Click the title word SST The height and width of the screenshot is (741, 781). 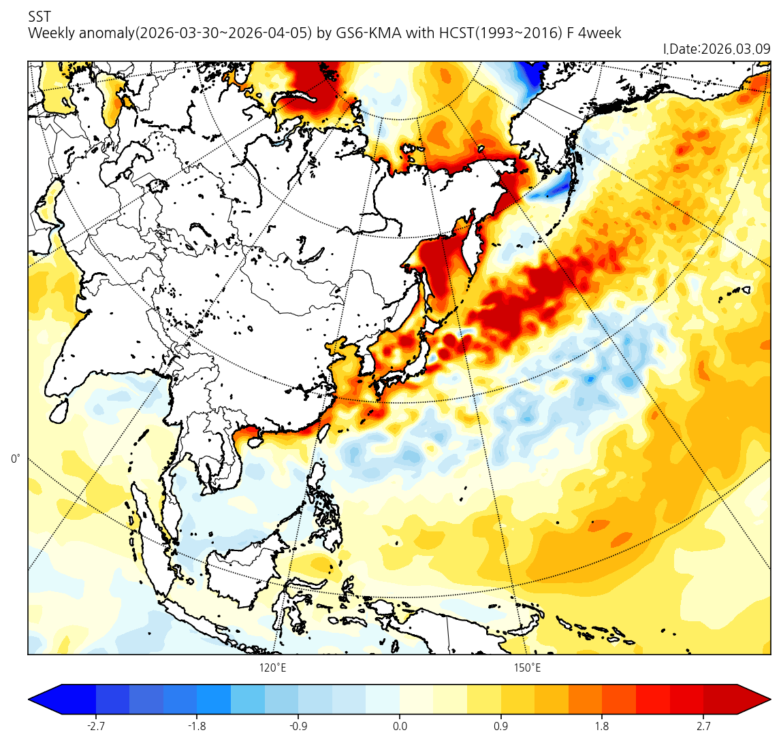(39, 16)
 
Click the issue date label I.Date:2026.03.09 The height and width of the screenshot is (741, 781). (716, 49)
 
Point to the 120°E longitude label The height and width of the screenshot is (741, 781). (272, 668)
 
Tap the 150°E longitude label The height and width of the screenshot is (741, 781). (527, 668)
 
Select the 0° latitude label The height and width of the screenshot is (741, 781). (16, 459)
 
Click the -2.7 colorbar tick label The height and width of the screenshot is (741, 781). (95, 726)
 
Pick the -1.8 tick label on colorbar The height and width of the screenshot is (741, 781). (197, 726)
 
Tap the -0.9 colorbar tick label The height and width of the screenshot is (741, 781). (298, 726)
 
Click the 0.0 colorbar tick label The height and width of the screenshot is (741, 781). (400, 726)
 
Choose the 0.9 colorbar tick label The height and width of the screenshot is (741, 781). (500, 726)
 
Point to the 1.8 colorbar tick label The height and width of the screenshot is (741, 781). (602, 726)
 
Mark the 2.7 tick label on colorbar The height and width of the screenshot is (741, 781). (703, 726)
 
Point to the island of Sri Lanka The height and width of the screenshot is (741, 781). (59, 409)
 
